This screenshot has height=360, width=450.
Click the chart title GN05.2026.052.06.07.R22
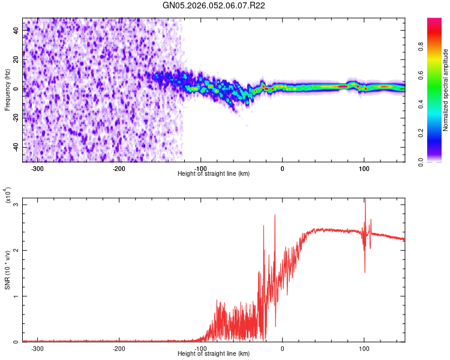click(214, 5)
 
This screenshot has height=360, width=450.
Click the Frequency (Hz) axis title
click(7, 90)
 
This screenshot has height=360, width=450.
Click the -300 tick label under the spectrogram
click(37, 169)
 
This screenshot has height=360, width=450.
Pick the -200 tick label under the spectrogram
click(119, 169)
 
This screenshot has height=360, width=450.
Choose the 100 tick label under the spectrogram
click(364, 169)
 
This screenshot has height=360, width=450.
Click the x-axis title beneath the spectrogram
click(214, 174)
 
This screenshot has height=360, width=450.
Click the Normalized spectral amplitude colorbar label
click(446, 90)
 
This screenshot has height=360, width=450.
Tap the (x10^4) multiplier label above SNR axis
click(8, 196)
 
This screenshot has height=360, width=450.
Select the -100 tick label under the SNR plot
click(200, 349)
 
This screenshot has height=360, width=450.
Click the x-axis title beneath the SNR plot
click(214, 354)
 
